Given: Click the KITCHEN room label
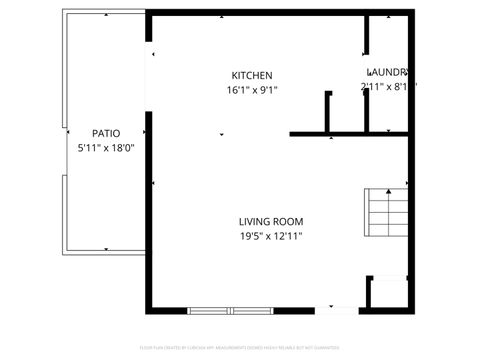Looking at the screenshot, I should point(252,76).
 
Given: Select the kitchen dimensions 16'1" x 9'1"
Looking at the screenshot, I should point(252,90).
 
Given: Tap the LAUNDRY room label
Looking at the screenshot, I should point(388,72).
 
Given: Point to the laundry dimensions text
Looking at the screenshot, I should point(387,87).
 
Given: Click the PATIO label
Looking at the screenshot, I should point(106,133).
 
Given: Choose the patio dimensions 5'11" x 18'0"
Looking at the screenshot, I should point(106,148).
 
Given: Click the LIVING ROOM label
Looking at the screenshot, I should point(270,221).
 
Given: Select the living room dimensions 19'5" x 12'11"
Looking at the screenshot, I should point(270,236).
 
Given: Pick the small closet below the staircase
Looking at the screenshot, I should point(388,293).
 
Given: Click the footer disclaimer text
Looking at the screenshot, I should point(240,349).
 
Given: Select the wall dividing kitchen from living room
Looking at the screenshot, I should point(349,133).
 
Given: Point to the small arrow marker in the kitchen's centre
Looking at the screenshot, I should point(221,134).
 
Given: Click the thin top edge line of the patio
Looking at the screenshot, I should point(104,13).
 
